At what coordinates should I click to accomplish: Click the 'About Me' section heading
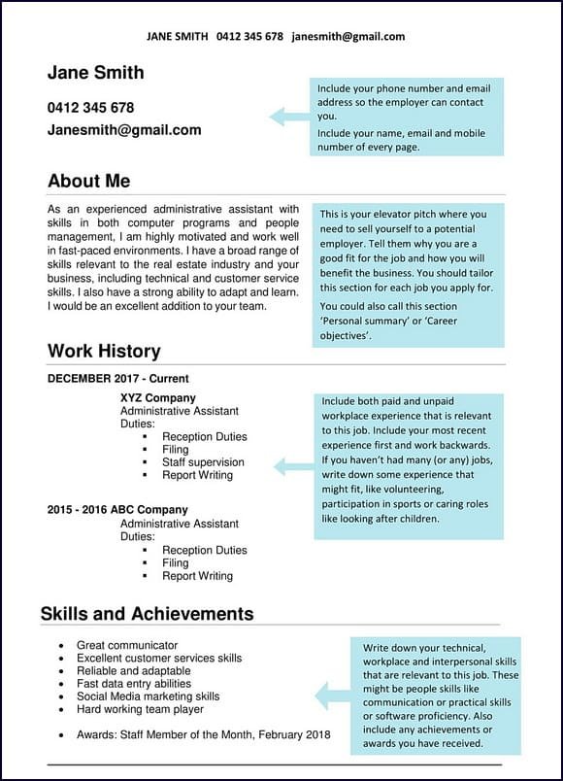click(88, 181)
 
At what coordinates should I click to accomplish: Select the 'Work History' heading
click(104, 351)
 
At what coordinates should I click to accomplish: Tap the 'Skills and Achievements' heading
click(147, 613)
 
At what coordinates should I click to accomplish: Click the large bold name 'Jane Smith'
click(95, 73)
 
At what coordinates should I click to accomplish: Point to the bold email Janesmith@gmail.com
click(124, 129)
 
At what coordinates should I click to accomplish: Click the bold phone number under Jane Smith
click(90, 107)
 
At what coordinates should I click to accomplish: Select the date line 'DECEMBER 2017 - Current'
click(117, 378)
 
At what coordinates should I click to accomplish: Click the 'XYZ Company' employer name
click(157, 397)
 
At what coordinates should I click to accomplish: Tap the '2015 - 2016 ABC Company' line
click(117, 510)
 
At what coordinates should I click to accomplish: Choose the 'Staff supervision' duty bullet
click(203, 462)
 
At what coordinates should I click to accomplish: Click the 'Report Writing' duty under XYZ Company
click(197, 475)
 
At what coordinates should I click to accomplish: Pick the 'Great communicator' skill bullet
click(127, 645)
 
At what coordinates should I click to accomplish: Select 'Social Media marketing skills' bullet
click(148, 696)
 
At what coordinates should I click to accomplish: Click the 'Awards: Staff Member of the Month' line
click(203, 734)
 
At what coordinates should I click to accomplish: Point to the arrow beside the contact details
click(288, 117)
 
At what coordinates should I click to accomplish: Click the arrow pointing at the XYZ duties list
click(293, 467)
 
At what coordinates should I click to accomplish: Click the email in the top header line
click(348, 37)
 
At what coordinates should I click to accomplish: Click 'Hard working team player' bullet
click(140, 709)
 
